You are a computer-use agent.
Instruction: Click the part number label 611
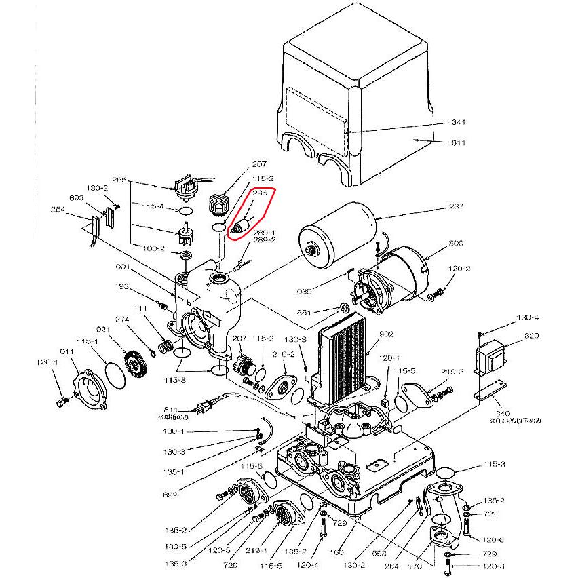(x=459, y=142)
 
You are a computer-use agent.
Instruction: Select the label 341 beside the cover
(x=459, y=123)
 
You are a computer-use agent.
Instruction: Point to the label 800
(x=455, y=244)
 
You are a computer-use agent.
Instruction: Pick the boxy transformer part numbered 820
(x=490, y=360)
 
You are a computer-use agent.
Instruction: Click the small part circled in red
(x=241, y=225)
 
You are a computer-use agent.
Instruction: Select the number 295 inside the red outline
(x=260, y=193)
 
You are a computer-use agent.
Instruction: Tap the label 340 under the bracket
(x=503, y=413)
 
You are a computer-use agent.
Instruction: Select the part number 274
(x=122, y=319)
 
